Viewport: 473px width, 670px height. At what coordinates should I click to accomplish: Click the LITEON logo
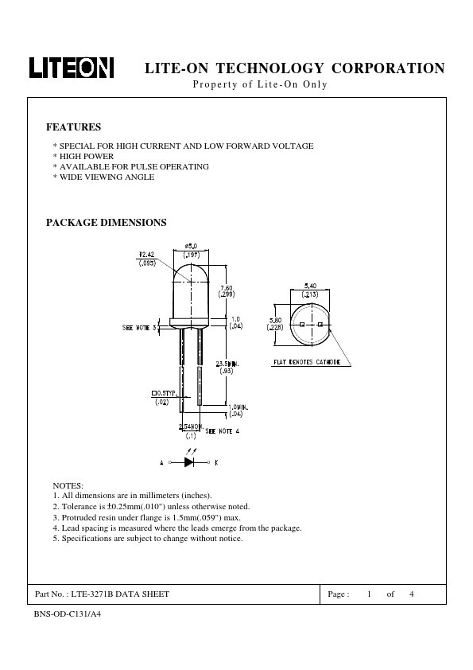pos(72,68)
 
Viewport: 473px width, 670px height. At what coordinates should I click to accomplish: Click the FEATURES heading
pos(73,127)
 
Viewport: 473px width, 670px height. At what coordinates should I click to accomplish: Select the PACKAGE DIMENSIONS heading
pos(107,222)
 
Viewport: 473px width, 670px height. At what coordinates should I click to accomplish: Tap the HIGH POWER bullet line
pos(83,157)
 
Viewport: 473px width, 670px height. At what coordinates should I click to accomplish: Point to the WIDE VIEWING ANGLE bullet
pos(103,177)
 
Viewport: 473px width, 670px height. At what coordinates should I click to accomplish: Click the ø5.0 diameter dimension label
pos(191,246)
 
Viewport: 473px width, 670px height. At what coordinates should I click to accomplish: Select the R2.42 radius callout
pos(147,255)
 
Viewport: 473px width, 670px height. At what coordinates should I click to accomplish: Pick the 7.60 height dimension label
pos(227,288)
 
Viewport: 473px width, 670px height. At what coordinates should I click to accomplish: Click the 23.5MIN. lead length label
pos(227,364)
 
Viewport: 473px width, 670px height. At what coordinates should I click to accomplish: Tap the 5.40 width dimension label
pos(310,286)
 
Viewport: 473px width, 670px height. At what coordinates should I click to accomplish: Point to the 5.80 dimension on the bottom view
pos(275,321)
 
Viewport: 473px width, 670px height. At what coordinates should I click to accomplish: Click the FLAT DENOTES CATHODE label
pos(307,362)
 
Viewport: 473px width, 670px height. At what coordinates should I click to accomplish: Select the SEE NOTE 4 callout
pos(222,431)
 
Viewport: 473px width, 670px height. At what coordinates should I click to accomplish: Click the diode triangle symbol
pos(189,462)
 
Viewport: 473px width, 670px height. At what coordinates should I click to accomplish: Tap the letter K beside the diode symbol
pos(216,462)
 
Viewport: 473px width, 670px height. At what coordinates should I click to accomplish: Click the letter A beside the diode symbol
pos(161,462)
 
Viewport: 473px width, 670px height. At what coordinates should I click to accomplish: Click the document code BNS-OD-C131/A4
pos(68,614)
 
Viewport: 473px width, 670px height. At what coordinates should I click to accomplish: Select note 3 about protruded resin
pos(147,517)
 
